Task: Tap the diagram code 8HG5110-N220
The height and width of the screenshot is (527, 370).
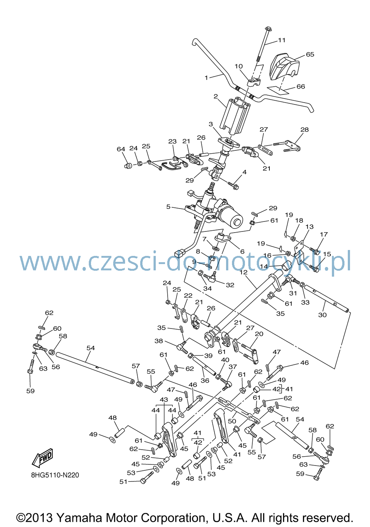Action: (x=55, y=475)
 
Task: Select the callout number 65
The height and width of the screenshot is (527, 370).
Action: (x=310, y=54)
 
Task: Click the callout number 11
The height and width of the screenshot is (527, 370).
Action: (x=282, y=40)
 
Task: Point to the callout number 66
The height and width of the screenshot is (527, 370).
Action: (x=301, y=87)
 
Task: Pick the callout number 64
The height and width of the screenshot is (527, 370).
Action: (x=121, y=149)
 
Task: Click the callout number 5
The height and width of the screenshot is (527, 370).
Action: (x=168, y=207)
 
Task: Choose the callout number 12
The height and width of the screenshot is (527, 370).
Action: (x=243, y=272)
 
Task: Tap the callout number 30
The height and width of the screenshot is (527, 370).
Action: (x=322, y=315)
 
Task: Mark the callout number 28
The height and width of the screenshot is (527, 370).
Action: (x=305, y=130)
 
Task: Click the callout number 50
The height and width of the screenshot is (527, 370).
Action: (x=232, y=421)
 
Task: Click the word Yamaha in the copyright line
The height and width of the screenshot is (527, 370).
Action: (x=79, y=518)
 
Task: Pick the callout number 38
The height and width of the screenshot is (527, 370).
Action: (x=159, y=341)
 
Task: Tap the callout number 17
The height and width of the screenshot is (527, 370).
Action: (x=324, y=234)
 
